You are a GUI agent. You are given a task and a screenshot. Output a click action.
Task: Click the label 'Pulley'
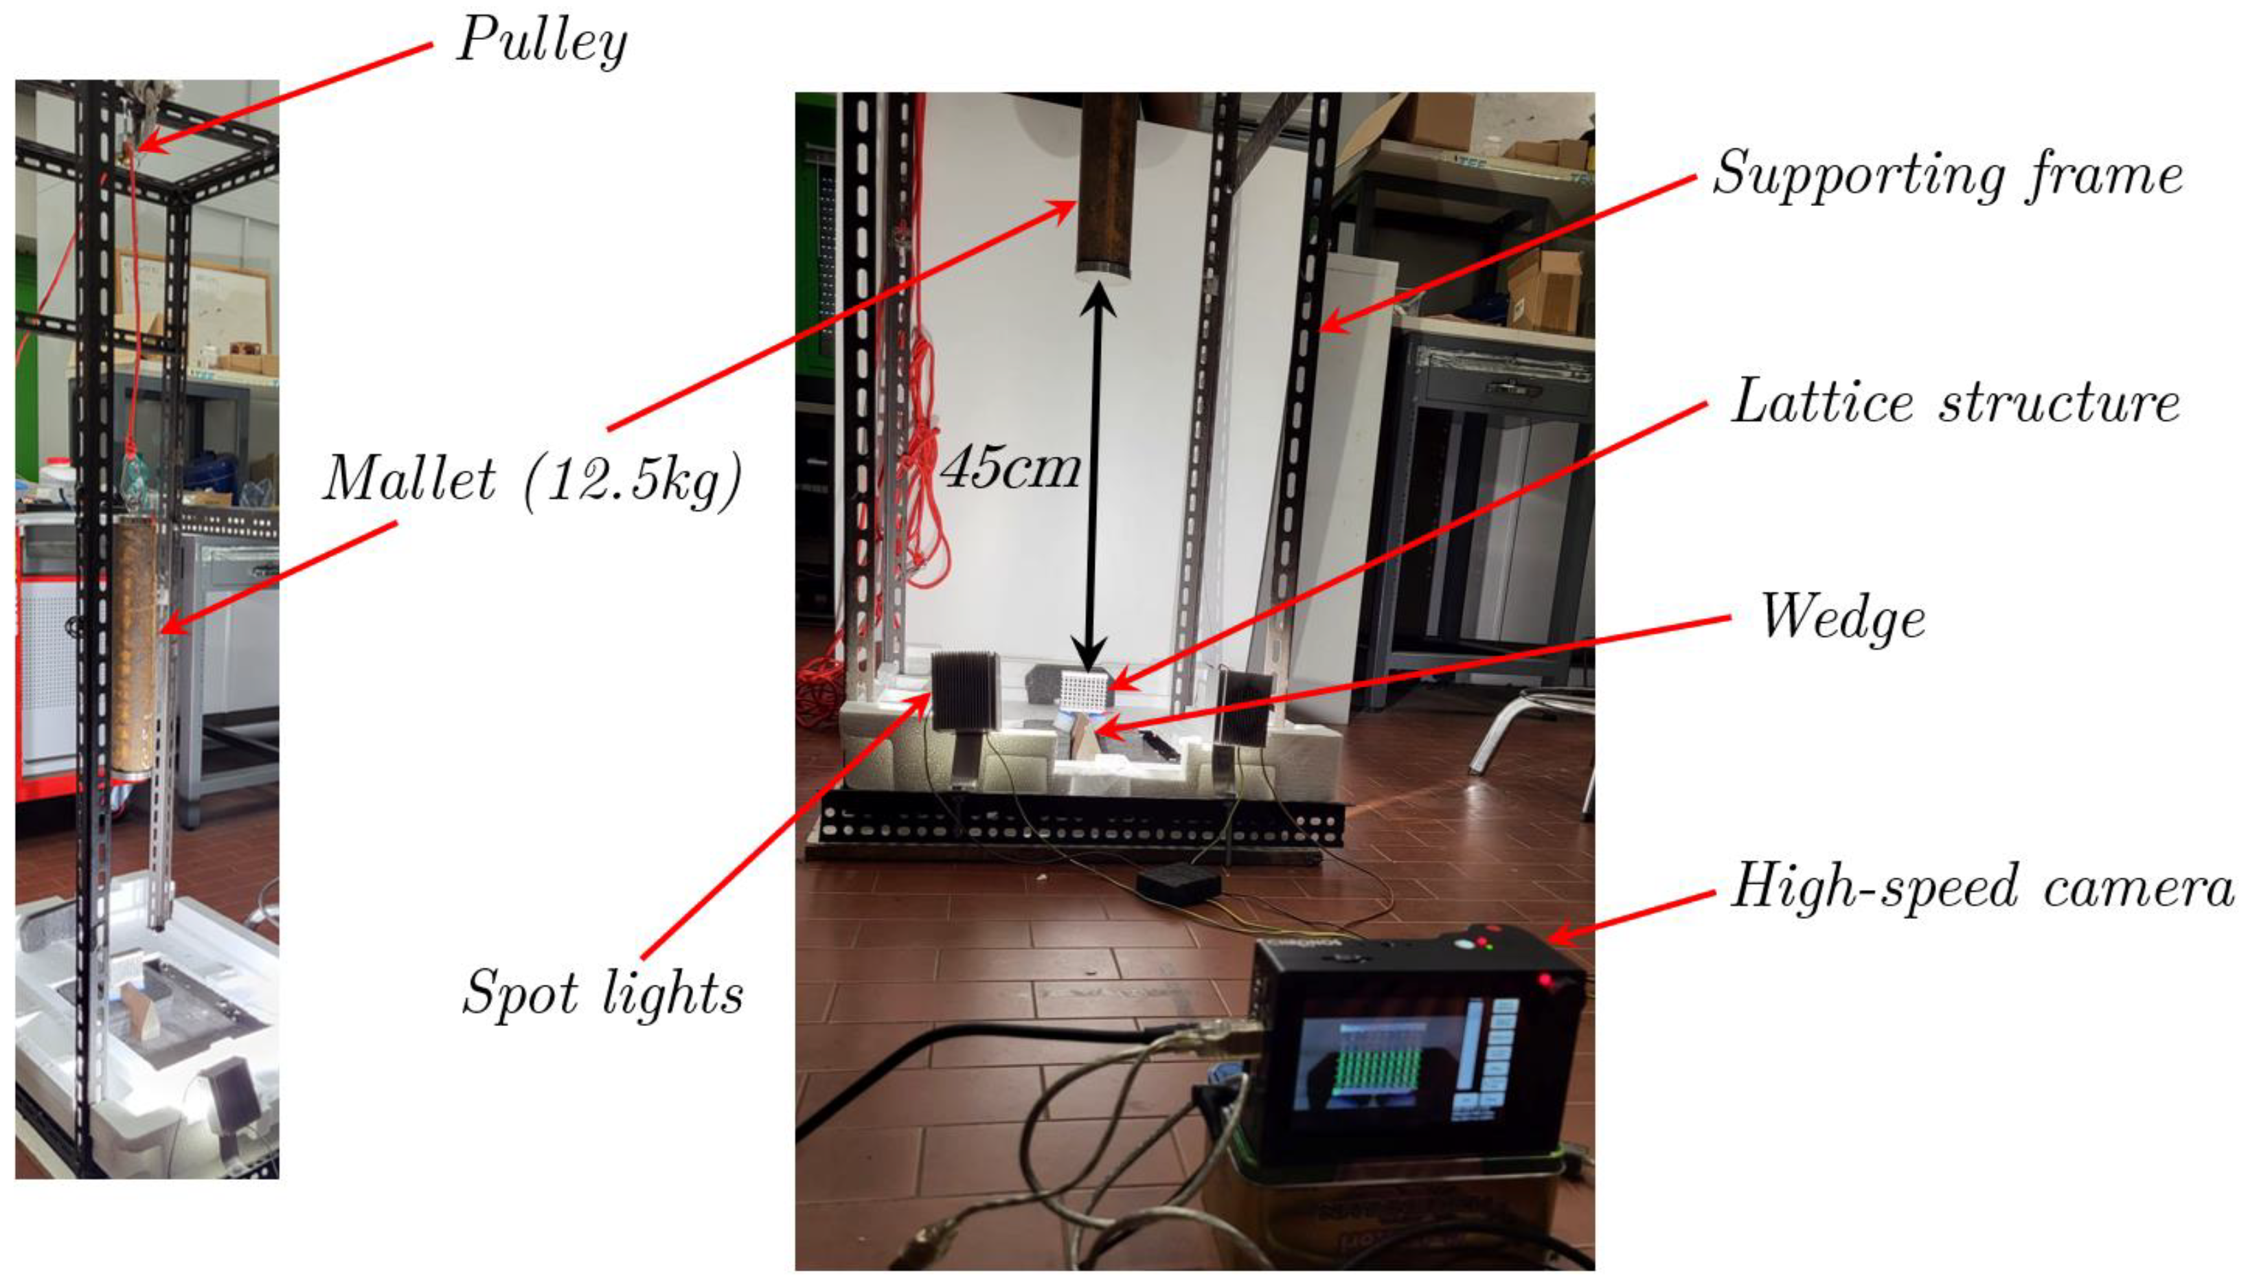(541, 41)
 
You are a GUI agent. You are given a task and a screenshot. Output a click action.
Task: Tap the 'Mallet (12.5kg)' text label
(532, 481)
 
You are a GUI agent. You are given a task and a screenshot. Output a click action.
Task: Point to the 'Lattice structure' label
(1954, 403)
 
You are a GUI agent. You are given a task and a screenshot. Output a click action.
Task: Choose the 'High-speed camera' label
(1982, 887)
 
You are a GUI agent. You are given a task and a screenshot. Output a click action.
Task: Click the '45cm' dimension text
(1010, 468)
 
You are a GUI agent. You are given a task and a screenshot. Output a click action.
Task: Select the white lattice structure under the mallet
(1084, 691)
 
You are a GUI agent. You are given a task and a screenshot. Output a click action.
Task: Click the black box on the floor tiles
(1177, 883)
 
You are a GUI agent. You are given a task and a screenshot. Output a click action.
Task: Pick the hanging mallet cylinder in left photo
(137, 644)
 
